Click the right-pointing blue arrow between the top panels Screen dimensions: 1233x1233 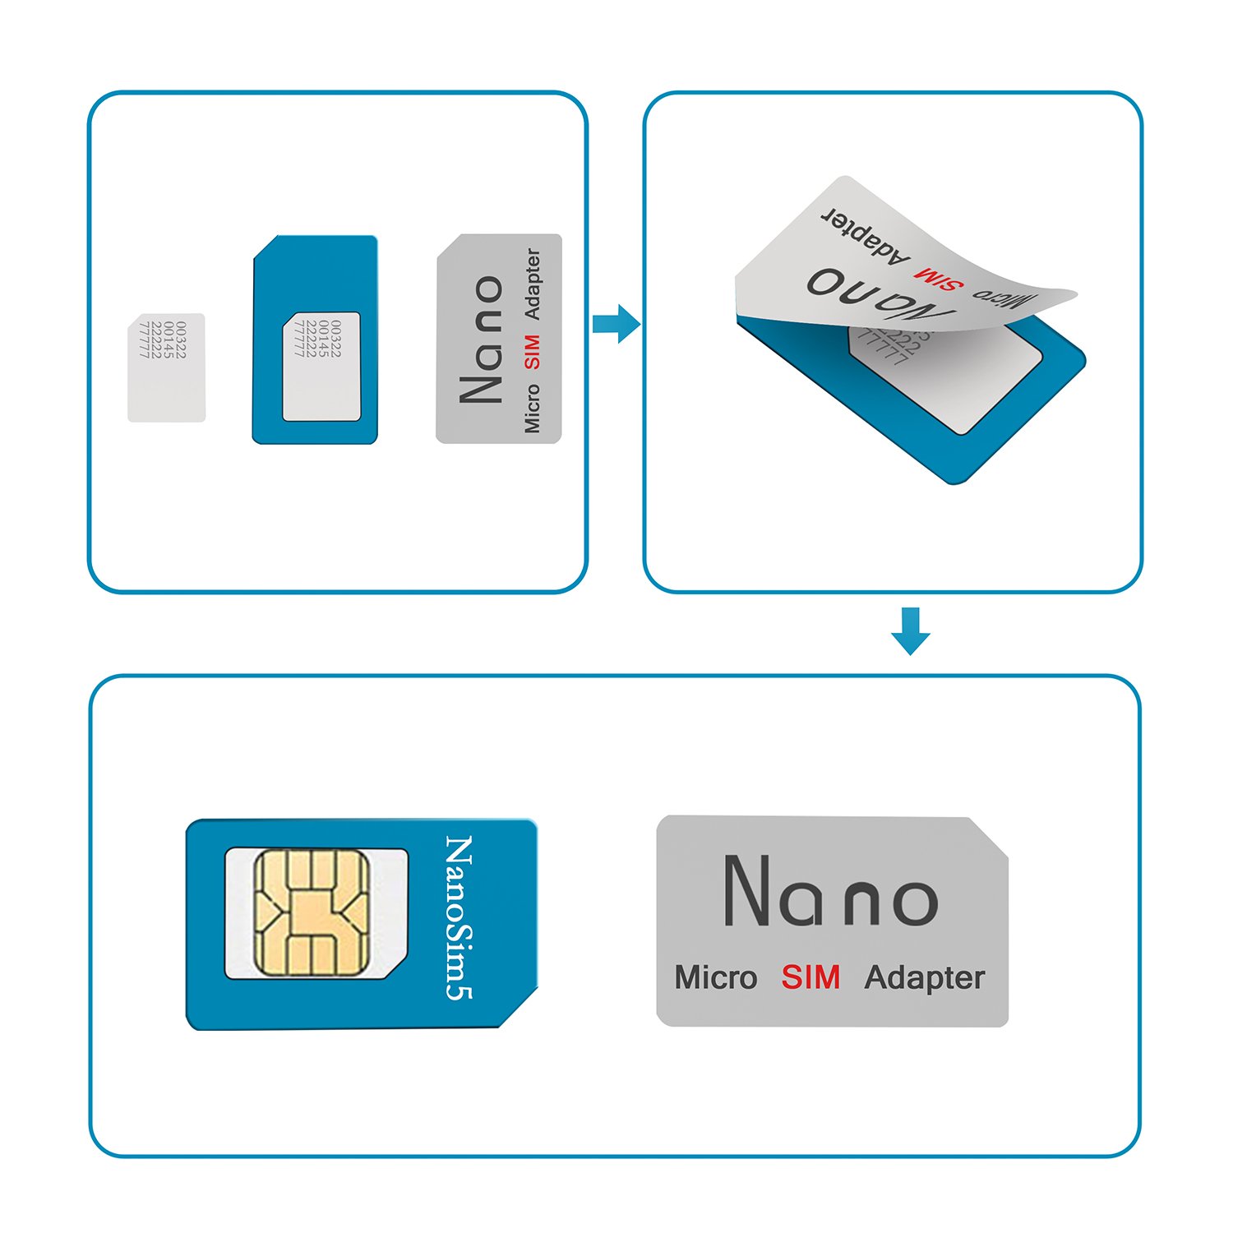tap(616, 323)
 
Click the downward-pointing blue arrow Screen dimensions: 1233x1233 tap(910, 630)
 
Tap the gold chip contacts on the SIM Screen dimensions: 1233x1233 tap(312, 912)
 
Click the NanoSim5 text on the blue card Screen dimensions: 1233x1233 tap(458, 917)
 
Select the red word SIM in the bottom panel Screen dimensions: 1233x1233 tap(810, 977)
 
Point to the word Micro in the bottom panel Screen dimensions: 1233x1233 tap(715, 977)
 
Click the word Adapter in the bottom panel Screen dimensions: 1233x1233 tap(924, 978)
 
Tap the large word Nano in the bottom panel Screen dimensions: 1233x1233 tap(830, 893)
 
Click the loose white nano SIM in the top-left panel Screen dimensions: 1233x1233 tap(166, 368)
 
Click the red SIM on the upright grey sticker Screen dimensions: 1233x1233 tap(532, 351)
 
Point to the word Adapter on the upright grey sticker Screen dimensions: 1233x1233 tap(533, 284)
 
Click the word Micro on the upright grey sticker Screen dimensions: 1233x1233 tap(533, 409)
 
